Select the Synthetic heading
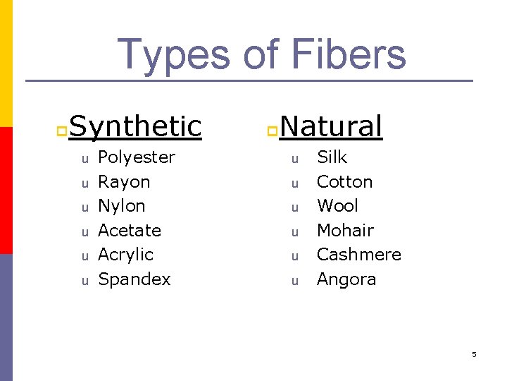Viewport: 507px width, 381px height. click(x=135, y=126)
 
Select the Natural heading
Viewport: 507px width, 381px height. click(x=331, y=126)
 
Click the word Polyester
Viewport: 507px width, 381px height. click(x=137, y=157)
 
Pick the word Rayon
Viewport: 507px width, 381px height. click(x=124, y=182)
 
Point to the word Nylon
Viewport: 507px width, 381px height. click(x=122, y=206)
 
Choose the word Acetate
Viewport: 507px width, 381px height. click(x=130, y=231)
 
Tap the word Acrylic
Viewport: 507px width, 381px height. click(x=125, y=255)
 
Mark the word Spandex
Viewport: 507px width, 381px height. click(x=134, y=279)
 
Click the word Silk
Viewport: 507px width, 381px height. click(x=332, y=157)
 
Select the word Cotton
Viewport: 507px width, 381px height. click(x=344, y=182)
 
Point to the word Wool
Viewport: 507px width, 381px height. click(x=337, y=206)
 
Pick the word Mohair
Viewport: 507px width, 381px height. click(x=345, y=231)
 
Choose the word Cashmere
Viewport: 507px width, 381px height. click(x=359, y=255)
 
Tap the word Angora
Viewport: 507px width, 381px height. click(x=346, y=279)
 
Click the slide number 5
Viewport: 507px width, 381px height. click(x=474, y=354)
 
